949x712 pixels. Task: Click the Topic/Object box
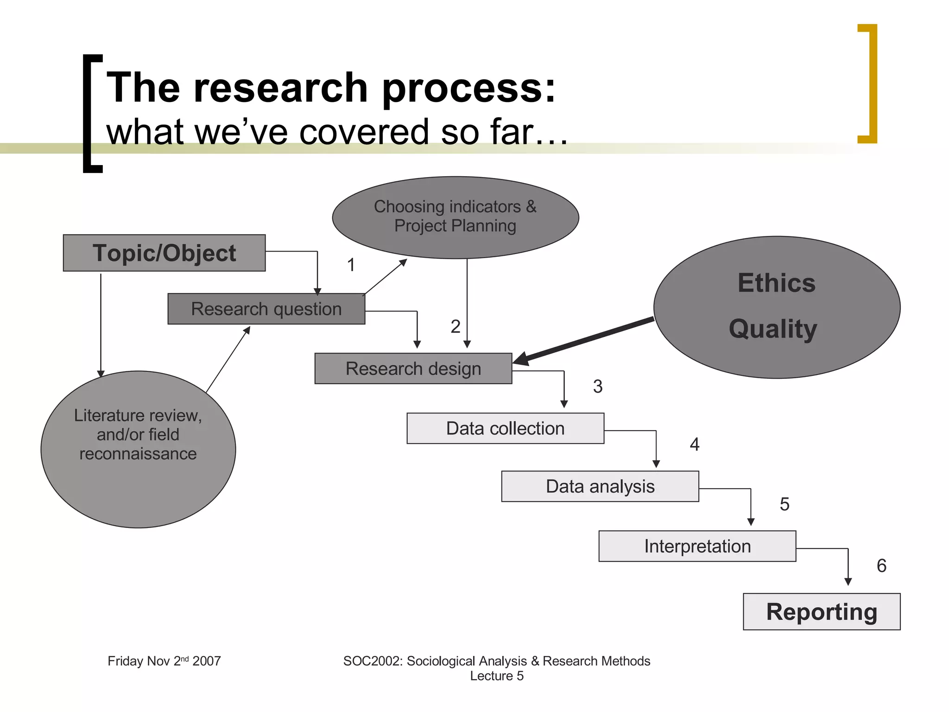(x=164, y=253)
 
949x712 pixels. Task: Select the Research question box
(x=266, y=309)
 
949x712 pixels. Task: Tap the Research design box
(x=413, y=369)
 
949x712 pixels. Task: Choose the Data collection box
(x=505, y=428)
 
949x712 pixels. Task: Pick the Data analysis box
(x=600, y=486)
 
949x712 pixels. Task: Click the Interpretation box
(x=697, y=546)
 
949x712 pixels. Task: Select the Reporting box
(x=821, y=611)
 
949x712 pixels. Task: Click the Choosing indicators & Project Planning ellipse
(x=455, y=216)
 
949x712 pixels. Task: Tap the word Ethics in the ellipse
(x=776, y=283)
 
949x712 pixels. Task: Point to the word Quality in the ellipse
(x=772, y=329)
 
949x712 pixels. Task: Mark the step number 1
(x=351, y=265)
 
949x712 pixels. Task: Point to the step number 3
(x=598, y=386)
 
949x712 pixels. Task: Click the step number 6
(x=881, y=566)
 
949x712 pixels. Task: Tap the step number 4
(x=694, y=445)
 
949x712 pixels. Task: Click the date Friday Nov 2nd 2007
(x=164, y=661)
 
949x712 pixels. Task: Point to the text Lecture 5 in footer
(x=496, y=676)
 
